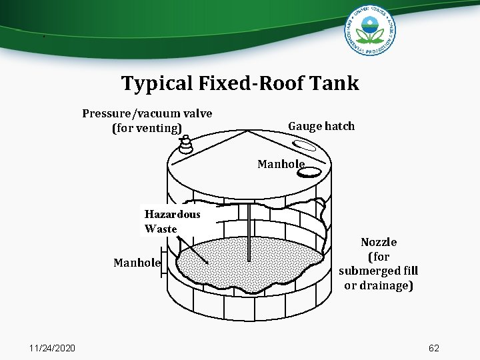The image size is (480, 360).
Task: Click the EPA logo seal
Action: point(371,31)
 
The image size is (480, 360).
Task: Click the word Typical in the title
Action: point(157,83)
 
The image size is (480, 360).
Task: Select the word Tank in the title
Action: point(340,83)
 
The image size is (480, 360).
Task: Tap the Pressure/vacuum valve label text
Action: point(147,113)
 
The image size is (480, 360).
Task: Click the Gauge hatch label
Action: point(321,126)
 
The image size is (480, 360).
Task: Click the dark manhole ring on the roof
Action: point(309,172)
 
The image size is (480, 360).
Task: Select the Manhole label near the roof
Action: point(281,163)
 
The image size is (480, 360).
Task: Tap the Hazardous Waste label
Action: point(171,221)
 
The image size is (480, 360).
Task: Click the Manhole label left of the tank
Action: point(137,263)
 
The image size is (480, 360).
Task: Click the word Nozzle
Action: point(379,242)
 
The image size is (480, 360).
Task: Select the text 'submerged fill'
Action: point(379,271)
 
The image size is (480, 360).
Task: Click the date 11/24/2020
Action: point(53,348)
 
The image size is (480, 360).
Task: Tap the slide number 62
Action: point(434,348)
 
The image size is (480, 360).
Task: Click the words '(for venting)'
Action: point(147,127)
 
